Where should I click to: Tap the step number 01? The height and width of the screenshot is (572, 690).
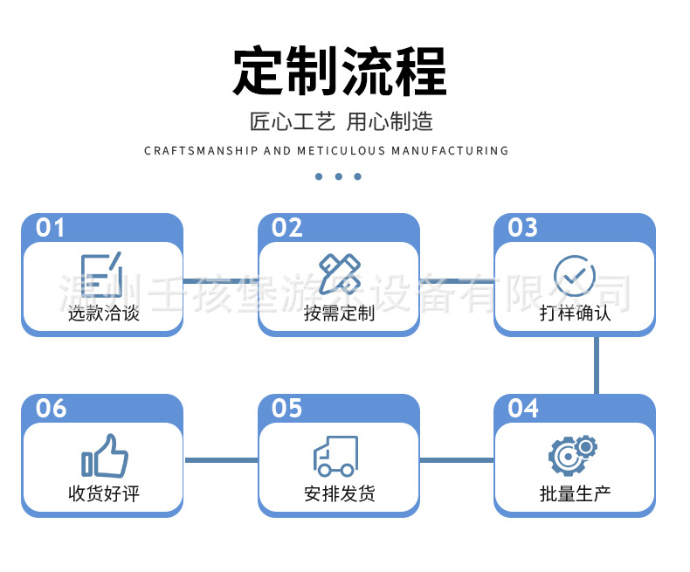click(x=51, y=228)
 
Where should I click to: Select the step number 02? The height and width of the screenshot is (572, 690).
click(x=287, y=228)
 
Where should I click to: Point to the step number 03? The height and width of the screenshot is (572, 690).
click(x=523, y=228)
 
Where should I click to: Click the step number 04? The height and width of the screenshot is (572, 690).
click(x=523, y=408)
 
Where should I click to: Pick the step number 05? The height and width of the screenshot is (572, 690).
click(x=287, y=408)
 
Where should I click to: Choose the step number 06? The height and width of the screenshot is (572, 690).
click(x=51, y=408)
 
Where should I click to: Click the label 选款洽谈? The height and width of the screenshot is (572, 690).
click(x=103, y=313)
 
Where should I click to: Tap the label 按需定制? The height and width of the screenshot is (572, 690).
click(x=339, y=313)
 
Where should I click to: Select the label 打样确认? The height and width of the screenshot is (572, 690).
click(x=575, y=313)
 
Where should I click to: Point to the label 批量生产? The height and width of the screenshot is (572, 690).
click(x=575, y=493)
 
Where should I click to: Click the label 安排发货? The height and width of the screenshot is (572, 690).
click(x=339, y=493)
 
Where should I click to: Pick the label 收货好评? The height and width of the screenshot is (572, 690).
click(x=103, y=493)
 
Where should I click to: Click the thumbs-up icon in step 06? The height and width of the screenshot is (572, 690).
click(x=105, y=456)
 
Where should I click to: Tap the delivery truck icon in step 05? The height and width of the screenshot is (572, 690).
click(x=336, y=456)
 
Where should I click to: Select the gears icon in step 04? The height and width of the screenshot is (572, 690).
click(x=573, y=454)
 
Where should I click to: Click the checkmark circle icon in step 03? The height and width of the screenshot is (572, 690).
click(x=574, y=276)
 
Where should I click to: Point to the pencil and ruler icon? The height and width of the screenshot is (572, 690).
click(x=338, y=273)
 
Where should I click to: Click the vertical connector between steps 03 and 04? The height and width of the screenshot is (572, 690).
click(x=597, y=365)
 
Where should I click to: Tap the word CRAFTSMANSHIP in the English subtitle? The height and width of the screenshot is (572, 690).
click(x=201, y=151)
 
